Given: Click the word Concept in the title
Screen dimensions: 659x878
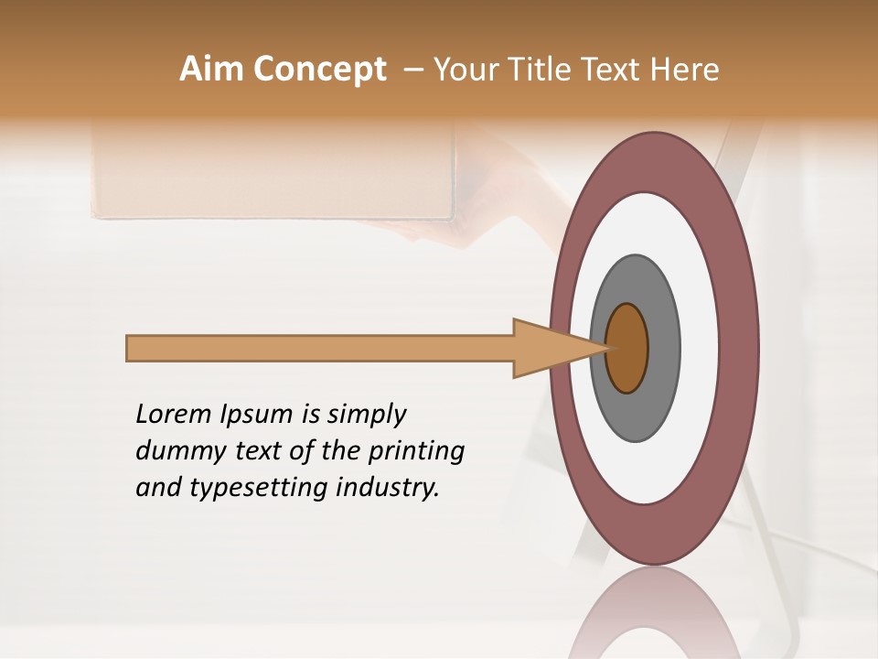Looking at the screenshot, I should point(320,70).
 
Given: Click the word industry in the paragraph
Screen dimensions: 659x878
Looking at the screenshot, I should point(388,488).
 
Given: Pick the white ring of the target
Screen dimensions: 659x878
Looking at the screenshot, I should point(700,349).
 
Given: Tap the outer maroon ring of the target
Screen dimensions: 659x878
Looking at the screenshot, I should point(743,349).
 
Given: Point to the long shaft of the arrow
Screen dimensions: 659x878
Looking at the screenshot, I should point(320,349).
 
